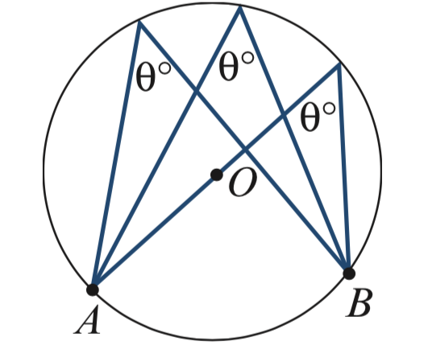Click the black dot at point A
(93, 290)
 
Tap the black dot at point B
(349, 274)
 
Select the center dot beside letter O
(217, 175)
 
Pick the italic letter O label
(243, 183)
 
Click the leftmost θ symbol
(146, 78)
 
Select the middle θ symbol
(229, 67)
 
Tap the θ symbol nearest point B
(310, 117)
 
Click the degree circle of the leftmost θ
(164, 68)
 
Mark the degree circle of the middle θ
(247, 57)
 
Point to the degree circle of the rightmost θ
(329, 109)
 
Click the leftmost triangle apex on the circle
(139, 22)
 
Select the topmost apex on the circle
(239, 6)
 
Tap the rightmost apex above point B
(339, 64)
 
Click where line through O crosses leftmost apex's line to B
(245, 150)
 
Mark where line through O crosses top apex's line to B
(284, 116)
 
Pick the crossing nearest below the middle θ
(197, 91)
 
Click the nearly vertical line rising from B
(344, 168)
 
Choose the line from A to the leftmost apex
(116, 156)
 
